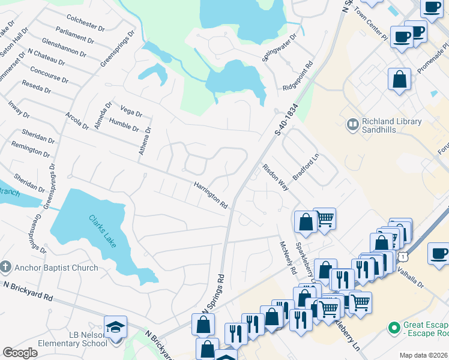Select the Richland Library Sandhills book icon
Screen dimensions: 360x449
click(x=352, y=125)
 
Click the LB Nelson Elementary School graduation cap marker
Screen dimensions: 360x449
click(x=115, y=328)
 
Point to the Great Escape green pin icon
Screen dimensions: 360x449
click(x=394, y=328)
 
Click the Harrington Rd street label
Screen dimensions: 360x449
click(x=210, y=196)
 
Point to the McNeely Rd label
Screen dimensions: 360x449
click(x=287, y=258)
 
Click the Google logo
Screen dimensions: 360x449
click(x=20, y=353)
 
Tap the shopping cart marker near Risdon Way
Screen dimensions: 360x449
click(x=325, y=218)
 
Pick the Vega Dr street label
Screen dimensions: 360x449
click(x=131, y=112)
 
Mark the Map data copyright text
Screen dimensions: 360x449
click(x=424, y=355)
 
